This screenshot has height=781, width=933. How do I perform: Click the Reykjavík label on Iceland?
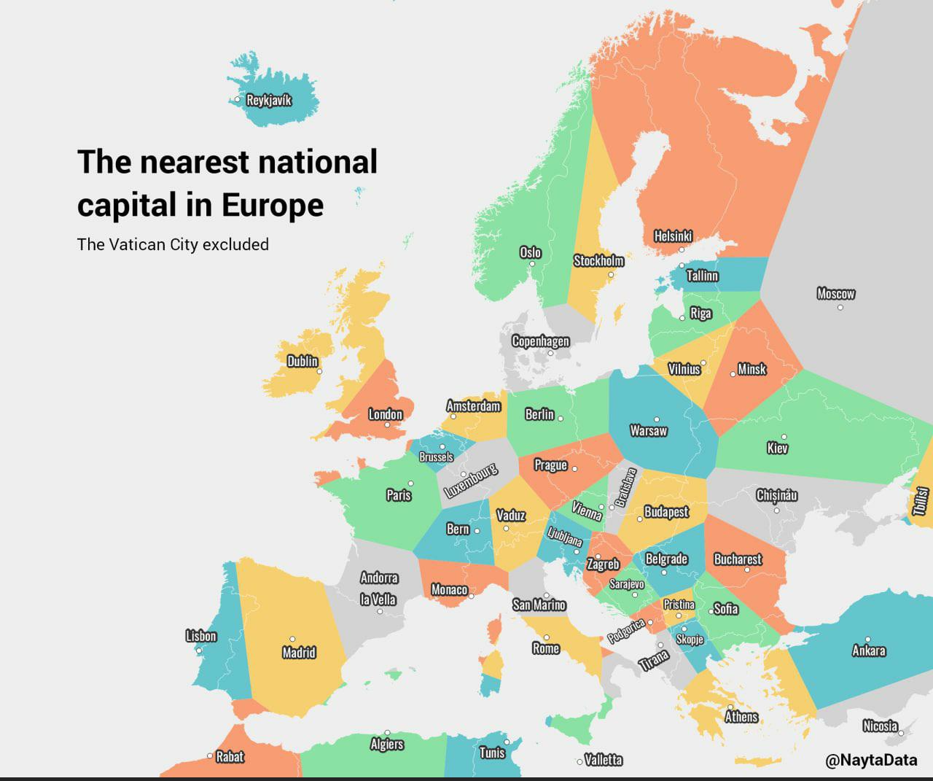click(x=269, y=100)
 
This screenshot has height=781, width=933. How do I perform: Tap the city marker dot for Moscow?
click(x=840, y=307)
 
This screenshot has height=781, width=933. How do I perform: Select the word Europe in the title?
click(x=273, y=205)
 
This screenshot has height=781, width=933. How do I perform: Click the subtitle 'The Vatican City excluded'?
click(x=173, y=244)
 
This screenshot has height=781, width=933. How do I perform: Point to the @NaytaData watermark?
click(x=871, y=760)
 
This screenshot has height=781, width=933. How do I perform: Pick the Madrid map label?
click(x=299, y=652)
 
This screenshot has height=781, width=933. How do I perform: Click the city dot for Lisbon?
click(x=198, y=650)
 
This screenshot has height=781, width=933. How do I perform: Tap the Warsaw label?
click(x=648, y=431)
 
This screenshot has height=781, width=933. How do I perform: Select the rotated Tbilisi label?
click(x=921, y=502)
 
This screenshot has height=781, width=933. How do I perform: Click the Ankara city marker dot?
click(x=867, y=640)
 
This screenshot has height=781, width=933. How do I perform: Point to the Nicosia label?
click(x=880, y=726)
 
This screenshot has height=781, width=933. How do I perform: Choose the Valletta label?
click(x=604, y=760)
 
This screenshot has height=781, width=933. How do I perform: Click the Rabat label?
click(x=230, y=757)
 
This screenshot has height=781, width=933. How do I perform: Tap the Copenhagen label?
click(x=540, y=341)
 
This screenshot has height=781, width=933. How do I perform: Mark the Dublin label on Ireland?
click(x=302, y=361)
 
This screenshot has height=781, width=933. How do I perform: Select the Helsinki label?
click(x=672, y=236)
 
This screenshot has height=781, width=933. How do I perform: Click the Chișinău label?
click(x=776, y=496)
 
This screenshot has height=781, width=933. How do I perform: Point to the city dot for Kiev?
click(x=784, y=437)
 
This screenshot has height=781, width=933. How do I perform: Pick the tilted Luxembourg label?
click(x=471, y=480)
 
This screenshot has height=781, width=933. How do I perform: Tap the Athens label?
click(x=741, y=717)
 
